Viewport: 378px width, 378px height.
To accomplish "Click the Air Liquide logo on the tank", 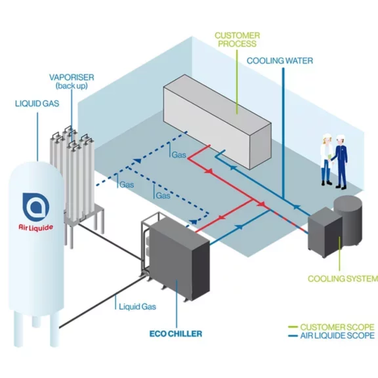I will (37, 211).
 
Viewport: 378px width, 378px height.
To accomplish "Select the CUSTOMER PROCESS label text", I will (237, 39).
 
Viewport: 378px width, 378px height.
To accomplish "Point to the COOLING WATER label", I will (280, 60).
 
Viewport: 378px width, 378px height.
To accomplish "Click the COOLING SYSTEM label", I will (343, 279).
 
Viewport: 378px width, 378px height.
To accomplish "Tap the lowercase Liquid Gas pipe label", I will (137, 306).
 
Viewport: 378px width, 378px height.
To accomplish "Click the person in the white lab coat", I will (326, 160).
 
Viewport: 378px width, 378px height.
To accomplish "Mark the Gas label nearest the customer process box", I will (179, 156).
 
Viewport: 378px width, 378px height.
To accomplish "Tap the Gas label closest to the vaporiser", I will (126, 185).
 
